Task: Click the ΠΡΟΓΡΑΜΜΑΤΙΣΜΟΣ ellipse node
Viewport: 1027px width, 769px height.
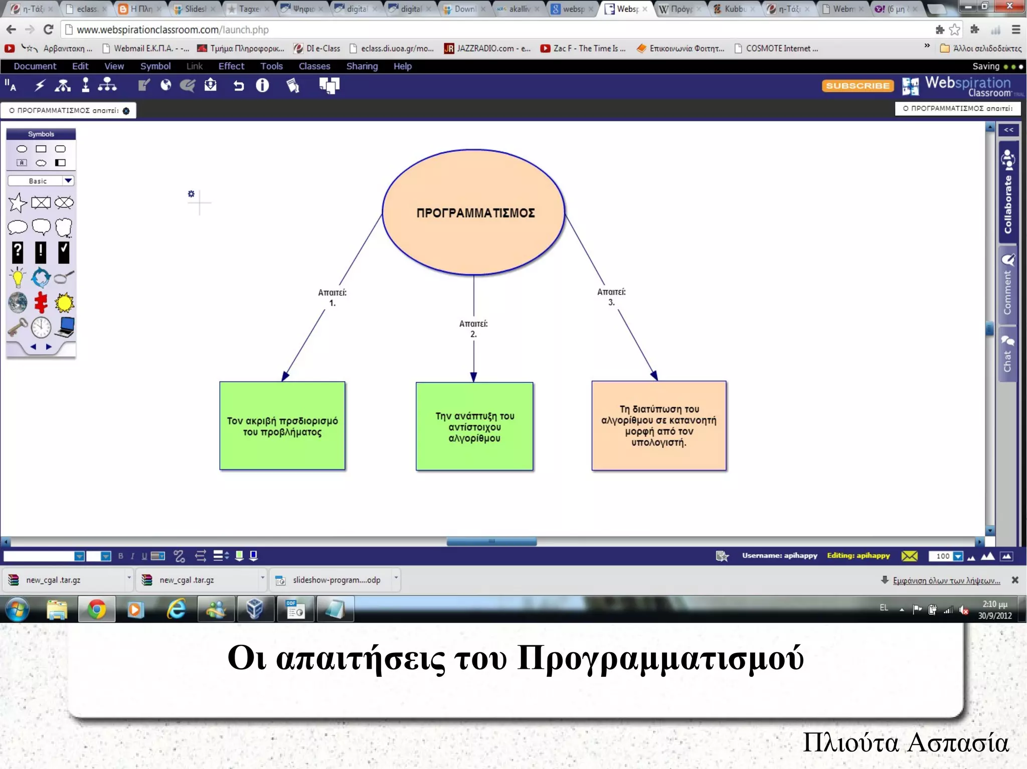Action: point(474,212)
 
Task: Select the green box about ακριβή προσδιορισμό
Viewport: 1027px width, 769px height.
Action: point(282,426)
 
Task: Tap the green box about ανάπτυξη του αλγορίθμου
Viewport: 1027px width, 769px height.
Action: point(474,426)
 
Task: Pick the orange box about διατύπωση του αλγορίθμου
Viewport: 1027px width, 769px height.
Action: point(659,426)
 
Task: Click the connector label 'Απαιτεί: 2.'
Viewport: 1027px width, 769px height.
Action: point(473,329)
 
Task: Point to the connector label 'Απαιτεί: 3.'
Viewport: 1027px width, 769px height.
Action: point(611,297)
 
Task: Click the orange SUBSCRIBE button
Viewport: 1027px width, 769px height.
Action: point(858,86)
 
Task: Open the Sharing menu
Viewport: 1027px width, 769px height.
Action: point(362,66)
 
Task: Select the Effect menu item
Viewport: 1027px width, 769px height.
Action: point(231,66)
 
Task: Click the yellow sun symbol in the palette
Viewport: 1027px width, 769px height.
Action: point(64,303)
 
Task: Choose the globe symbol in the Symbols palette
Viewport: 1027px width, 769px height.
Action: point(18,303)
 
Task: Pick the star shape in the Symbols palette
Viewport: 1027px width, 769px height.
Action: point(18,203)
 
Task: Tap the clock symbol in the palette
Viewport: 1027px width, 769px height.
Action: point(41,328)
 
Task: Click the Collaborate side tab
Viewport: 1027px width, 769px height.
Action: point(1008,195)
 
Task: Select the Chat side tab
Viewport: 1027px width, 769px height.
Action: point(1007,354)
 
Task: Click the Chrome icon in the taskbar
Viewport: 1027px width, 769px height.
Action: point(96,610)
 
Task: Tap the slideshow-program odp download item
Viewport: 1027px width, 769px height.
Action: point(336,580)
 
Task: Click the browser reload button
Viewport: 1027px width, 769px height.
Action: point(48,30)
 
